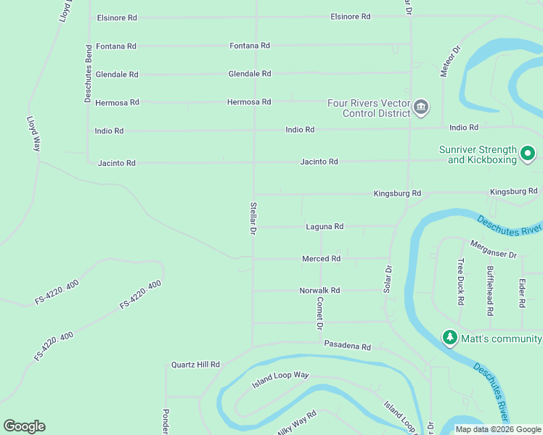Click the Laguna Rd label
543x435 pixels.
324,227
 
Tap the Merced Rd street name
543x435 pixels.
321,259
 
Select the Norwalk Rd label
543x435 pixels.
319,291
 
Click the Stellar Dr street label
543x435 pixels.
253,218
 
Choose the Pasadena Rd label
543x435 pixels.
347,347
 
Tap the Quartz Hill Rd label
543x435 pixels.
195,365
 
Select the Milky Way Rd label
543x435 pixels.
296,423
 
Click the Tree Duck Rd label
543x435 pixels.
460,278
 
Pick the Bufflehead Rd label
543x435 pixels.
490,291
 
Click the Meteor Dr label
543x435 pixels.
450,62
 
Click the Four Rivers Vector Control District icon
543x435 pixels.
421,109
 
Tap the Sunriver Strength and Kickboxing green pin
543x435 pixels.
528,154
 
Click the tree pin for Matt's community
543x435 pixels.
450,339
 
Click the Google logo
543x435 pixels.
24,426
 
